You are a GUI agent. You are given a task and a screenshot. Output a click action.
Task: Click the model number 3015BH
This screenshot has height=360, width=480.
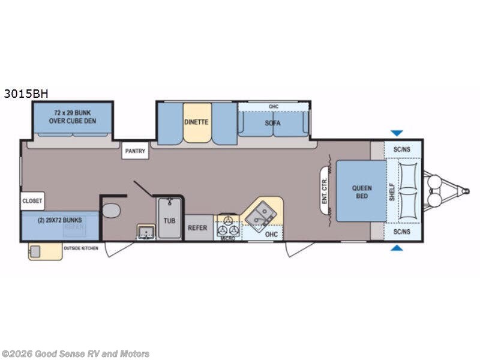tap(25, 94)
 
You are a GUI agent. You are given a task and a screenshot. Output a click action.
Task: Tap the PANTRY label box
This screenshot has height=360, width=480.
tap(135, 151)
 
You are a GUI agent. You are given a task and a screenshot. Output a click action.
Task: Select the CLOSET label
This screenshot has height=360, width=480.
tap(32, 201)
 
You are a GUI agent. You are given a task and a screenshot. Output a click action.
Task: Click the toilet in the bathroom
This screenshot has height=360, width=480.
tap(111, 211)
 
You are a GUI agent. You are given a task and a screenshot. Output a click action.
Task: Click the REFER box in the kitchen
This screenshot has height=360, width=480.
tap(198, 228)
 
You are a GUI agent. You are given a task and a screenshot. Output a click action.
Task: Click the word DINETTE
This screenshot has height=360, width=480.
tap(197, 122)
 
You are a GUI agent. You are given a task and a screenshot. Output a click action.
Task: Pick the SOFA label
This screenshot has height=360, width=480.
tap(273, 123)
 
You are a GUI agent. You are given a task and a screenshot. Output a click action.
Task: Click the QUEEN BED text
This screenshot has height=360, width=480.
tap(361, 192)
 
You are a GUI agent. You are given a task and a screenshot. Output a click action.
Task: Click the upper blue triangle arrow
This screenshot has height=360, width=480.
tap(397, 133)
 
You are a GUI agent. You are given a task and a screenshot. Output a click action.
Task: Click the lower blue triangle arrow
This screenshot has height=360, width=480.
tap(397, 247)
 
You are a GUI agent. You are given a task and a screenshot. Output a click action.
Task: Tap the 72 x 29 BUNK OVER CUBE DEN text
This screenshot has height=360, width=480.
tap(72, 117)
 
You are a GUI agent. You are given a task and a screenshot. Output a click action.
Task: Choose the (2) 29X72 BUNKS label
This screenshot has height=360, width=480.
tap(60, 220)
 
